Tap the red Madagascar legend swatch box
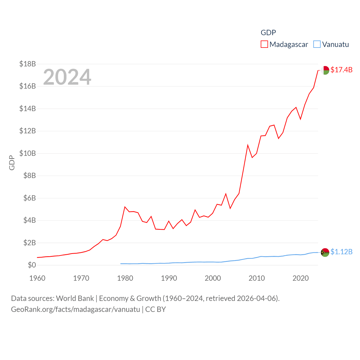point(264,44)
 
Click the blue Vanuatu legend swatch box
point(317,44)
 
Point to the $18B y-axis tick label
point(28,64)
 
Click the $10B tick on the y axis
point(28,153)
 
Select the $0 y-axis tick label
point(32,265)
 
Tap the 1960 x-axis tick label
point(37,278)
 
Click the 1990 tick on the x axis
point(169,278)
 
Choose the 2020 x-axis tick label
point(301,278)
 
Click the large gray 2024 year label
point(67,77)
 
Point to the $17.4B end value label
point(341,70)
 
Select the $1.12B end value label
point(341,252)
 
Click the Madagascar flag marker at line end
point(325,70)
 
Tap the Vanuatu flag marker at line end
point(325,252)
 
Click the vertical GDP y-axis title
point(12,163)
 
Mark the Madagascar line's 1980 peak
point(125,207)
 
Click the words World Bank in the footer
point(75,298)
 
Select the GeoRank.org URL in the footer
point(75,309)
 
